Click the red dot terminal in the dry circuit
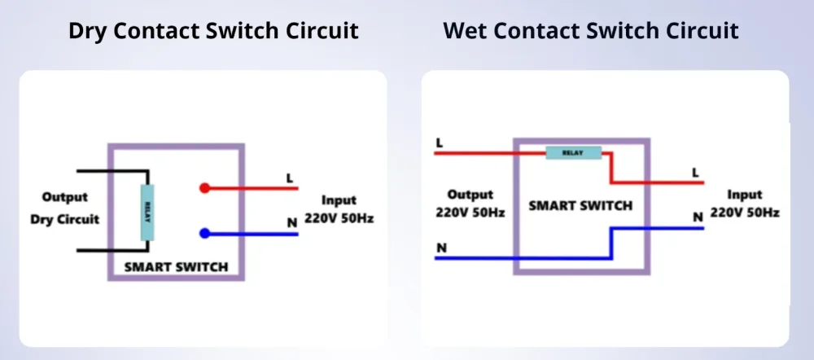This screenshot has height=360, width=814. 204,188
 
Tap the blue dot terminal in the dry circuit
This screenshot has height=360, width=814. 204,234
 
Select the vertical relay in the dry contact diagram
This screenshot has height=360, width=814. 147,212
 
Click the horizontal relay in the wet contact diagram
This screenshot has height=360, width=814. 573,152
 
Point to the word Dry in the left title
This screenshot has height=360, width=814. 88,31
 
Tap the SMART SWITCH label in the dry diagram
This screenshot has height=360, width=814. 176,266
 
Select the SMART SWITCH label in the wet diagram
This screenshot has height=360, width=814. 580,205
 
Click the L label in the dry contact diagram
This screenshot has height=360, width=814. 289,177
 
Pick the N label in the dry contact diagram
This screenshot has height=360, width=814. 289,222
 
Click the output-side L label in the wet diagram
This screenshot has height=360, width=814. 440,143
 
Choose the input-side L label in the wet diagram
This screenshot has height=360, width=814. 694,172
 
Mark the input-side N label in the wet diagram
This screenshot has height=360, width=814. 697,217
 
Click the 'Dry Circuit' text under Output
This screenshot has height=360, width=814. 64,219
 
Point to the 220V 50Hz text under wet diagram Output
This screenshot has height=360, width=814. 471,212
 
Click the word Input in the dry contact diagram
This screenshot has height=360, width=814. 339,200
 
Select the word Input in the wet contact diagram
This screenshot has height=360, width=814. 745,195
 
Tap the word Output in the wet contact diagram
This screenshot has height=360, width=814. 470,195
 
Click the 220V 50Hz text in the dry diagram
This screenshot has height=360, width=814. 339,218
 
